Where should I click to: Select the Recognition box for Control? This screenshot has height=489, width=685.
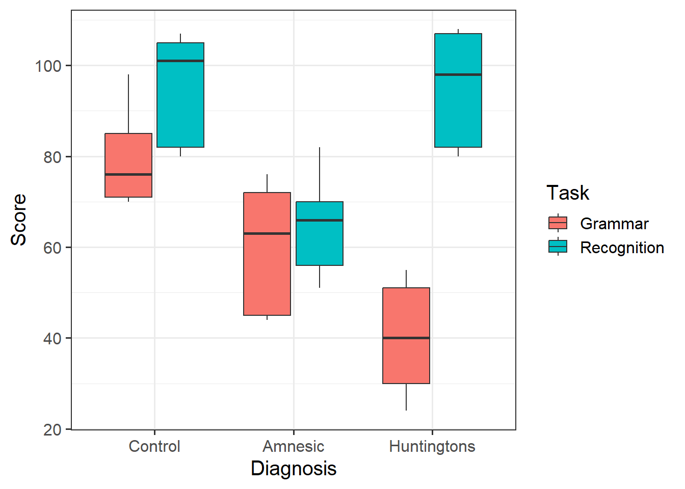(180, 102)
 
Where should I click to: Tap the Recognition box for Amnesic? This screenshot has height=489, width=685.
(320, 244)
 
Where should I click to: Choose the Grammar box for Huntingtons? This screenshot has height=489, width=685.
(406, 311)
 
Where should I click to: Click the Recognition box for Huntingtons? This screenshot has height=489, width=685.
(458, 112)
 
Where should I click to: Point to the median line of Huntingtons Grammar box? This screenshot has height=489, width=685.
(406, 338)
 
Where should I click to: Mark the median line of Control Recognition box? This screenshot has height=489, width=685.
(180, 61)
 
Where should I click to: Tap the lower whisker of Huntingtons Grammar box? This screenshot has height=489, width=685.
(406, 397)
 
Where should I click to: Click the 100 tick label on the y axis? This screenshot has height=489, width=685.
(48, 66)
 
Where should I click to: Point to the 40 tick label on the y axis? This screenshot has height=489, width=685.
(52, 339)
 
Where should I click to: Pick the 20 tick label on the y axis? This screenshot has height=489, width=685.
(52, 430)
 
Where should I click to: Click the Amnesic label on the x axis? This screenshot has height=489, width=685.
(294, 447)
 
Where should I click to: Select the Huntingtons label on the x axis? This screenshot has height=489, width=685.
(432, 447)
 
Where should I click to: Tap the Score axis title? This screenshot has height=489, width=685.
(19, 220)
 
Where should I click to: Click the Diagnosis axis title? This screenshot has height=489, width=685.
(294, 469)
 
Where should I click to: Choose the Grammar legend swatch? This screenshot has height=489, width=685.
(558, 223)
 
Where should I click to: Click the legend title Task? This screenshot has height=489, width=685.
(568, 193)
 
